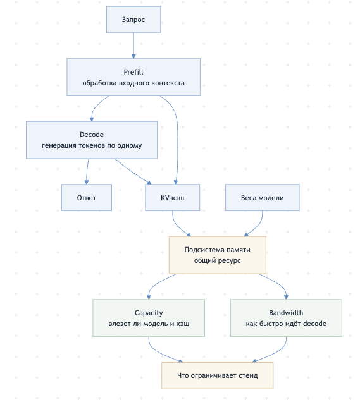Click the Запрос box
click(x=133, y=20)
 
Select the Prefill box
click(x=133, y=77)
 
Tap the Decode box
click(x=92, y=140)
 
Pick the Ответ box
click(x=86, y=197)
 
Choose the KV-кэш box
click(x=173, y=197)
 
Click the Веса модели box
click(x=262, y=197)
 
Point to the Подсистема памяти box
click(x=218, y=255)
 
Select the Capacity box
click(x=149, y=318)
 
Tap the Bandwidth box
click(x=286, y=318)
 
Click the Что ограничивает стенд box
click(x=218, y=375)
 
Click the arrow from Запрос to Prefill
click(x=133, y=45)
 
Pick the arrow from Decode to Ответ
click(x=87, y=171)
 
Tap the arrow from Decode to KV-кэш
click(x=132, y=172)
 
